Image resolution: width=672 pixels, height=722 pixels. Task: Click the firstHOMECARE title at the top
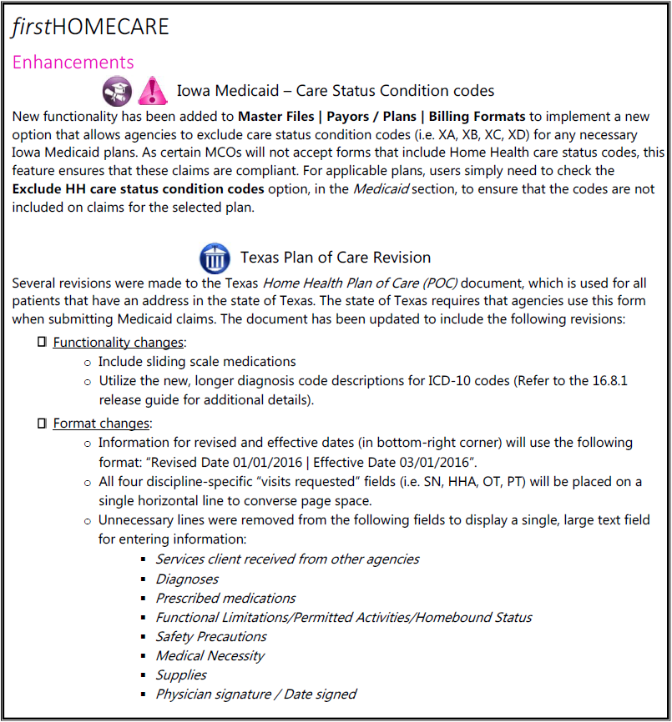(x=90, y=27)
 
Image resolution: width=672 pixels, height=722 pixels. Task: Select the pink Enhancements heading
(x=73, y=63)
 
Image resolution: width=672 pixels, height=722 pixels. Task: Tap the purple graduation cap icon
(x=117, y=90)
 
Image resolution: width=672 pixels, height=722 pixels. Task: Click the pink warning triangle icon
(x=152, y=90)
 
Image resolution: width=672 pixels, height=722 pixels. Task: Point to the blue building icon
(x=215, y=257)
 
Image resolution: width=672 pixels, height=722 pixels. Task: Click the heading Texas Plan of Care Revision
(x=336, y=258)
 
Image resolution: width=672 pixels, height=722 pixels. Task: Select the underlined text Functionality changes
(x=117, y=343)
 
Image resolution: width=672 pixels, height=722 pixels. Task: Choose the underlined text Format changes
(x=101, y=424)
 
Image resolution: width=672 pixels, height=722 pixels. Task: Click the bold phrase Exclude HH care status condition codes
(x=139, y=189)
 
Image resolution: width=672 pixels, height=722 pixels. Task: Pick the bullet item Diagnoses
(x=187, y=579)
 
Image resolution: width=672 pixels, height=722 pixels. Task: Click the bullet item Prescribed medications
(x=225, y=598)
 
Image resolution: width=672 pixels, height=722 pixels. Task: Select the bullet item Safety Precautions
(x=200, y=636)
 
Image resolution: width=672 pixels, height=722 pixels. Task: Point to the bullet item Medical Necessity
(x=210, y=655)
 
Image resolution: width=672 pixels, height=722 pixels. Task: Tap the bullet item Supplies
(x=181, y=674)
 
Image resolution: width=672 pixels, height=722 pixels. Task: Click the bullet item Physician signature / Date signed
(x=255, y=694)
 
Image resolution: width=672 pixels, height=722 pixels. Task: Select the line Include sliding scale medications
(x=197, y=362)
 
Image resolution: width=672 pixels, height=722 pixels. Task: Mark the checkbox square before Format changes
(x=43, y=424)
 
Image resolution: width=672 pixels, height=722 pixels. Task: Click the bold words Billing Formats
(x=479, y=116)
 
